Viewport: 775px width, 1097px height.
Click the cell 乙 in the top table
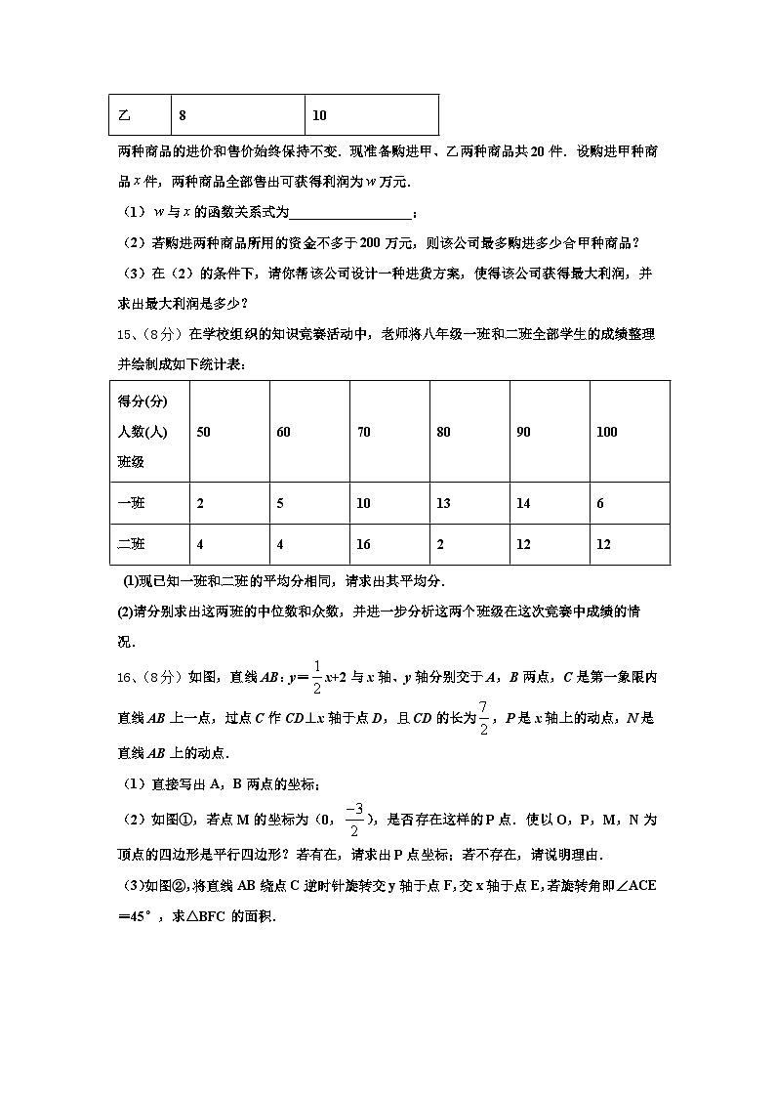tap(124, 115)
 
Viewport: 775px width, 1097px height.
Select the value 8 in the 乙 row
tap(183, 115)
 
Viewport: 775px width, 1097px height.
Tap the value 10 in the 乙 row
tap(319, 115)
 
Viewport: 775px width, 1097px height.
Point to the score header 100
tap(606, 432)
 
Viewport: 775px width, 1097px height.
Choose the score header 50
tap(203, 432)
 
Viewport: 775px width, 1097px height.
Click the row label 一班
tap(131, 504)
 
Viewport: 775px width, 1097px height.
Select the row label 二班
tap(131, 544)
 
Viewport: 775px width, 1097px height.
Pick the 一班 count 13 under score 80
tap(443, 504)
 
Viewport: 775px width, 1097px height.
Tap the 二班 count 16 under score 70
tap(364, 544)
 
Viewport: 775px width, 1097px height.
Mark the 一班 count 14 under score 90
tap(523, 504)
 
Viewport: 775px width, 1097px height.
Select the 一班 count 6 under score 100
tap(599, 504)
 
